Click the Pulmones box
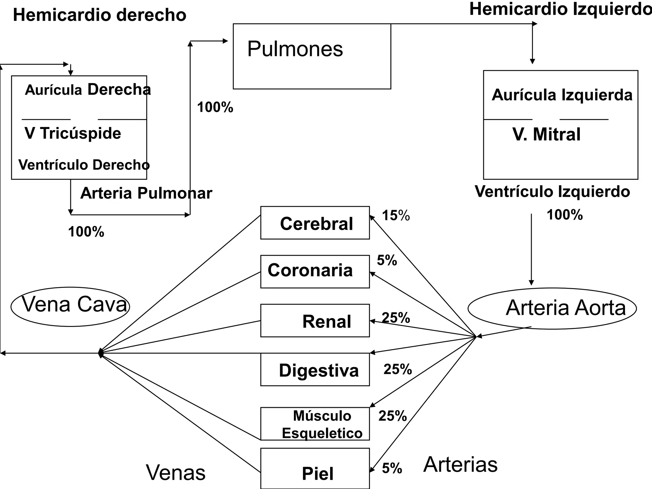(312, 56)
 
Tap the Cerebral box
(315, 223)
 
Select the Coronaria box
(315, 272)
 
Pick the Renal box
(315, 321)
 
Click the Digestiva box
(315, 370)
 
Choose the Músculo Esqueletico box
(315, 424)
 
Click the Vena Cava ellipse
(70, 306)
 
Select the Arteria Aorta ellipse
(552, 308)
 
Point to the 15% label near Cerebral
(396, 216)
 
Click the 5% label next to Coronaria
(387, 260)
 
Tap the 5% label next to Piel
(392, 468)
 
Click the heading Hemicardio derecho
(99, 15)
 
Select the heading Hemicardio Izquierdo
(560, 9)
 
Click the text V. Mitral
(546, 134)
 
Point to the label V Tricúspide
(73, 133)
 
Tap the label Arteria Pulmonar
(146, 193)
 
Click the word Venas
(176, 472)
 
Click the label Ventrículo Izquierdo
(552, 192)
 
